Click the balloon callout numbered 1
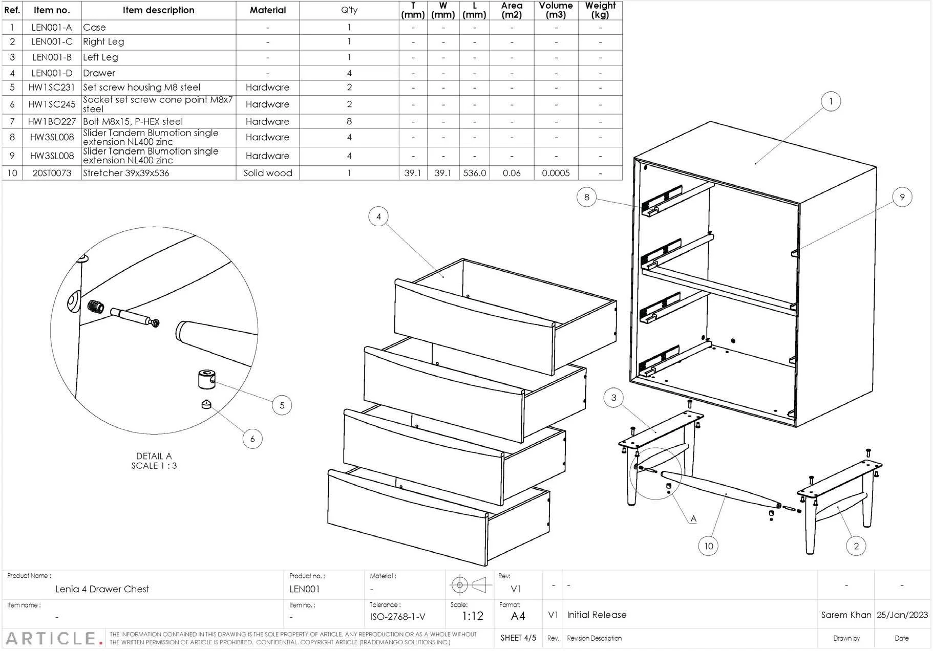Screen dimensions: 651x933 tap(831, 101)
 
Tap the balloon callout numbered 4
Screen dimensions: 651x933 tap(378, 216)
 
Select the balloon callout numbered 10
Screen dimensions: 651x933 tap(708, 546)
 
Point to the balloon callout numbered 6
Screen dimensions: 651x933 tap(252, 439)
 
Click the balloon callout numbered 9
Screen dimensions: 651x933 tap(902, 197)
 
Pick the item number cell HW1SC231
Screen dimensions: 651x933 tap(51, 88)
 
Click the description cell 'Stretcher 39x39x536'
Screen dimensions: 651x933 tap(126, 173)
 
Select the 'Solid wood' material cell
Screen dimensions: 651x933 tap(268, 173)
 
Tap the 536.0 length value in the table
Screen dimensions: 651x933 tap(474, 173)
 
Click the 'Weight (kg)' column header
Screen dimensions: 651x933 tap(600, 10)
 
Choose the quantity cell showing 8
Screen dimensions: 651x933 tap(349, 121)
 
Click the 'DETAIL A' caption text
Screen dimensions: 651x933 tap(154, 456)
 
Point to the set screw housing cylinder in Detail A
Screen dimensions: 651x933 tap(206, 379)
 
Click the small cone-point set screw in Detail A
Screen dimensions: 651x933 tap(206, 404)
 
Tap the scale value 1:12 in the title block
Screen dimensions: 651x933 tap(472, 616)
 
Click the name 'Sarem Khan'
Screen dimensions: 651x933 tap(846, 615)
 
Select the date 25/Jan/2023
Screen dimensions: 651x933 tap(902, 615)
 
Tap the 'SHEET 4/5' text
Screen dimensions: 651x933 tap(518, 638)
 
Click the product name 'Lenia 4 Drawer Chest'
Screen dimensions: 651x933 tap(102, 589)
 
